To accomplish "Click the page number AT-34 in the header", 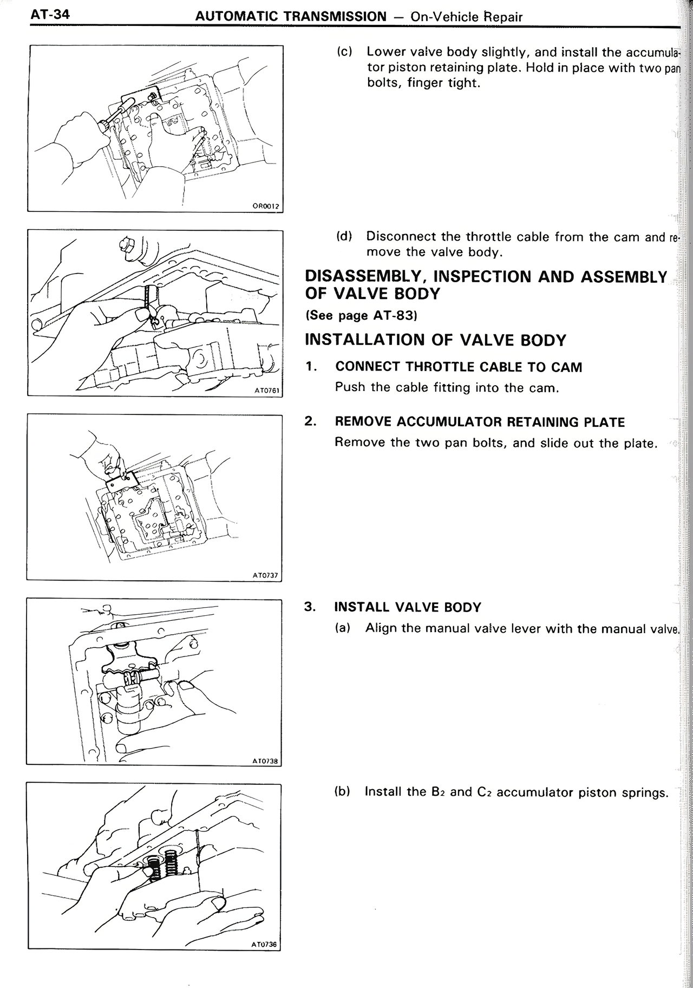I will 50,15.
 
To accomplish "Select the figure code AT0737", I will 265,575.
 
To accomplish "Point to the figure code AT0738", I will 265,760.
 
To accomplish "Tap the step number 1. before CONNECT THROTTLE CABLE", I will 310,367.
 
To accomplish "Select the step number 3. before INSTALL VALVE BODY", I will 310,607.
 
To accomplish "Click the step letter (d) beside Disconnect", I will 344,237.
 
